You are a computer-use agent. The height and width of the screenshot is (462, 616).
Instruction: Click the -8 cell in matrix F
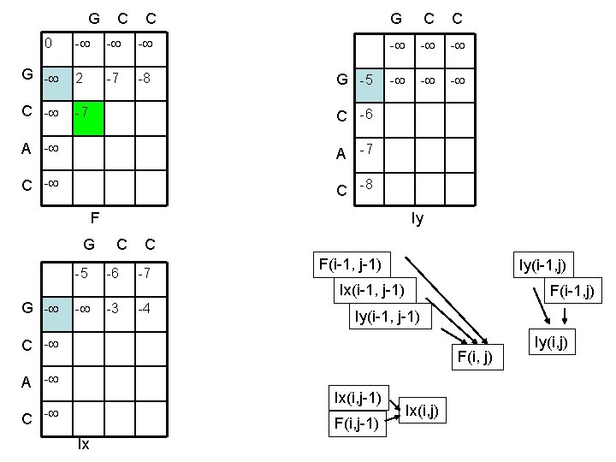click(149, 80)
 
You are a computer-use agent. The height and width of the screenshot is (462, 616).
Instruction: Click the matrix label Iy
click(417, 219)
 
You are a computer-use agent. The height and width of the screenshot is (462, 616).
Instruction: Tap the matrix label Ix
click(84, 445)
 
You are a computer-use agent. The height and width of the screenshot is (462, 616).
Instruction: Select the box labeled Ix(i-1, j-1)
click(377, 290)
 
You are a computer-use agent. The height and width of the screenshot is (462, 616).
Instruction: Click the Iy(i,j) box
click(552, 344)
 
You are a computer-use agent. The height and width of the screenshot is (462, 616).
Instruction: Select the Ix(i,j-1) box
click(358, 398)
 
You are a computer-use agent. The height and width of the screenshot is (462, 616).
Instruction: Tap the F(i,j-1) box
click(357, 423)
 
